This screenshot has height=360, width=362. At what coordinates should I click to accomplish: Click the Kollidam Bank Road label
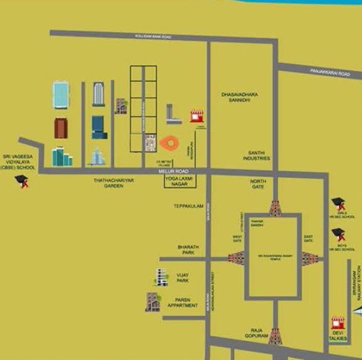click(x=153, y=36)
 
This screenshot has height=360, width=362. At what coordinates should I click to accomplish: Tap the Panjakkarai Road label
click(x=330, y=73)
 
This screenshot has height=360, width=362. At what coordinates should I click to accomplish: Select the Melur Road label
click(x=170, y=171)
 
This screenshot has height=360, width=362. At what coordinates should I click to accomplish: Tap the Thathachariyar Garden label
click(x=113, y=183)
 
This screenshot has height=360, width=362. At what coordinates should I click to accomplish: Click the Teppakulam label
click(x=189, y=206)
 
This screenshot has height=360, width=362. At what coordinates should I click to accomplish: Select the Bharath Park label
click(x=186, y=250)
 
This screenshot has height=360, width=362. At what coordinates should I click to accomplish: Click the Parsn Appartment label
click(x=182, y=303)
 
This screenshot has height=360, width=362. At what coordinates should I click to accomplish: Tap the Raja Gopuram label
click(x=256, y=333)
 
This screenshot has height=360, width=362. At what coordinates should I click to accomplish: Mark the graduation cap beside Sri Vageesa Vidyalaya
click(x=21, y=182)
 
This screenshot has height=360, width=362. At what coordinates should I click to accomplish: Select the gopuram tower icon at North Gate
click(x=275, y=208)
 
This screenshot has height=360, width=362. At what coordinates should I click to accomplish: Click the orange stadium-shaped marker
click(x=170, y=143)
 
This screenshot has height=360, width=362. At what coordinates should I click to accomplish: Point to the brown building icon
click(x=61, y=128)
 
